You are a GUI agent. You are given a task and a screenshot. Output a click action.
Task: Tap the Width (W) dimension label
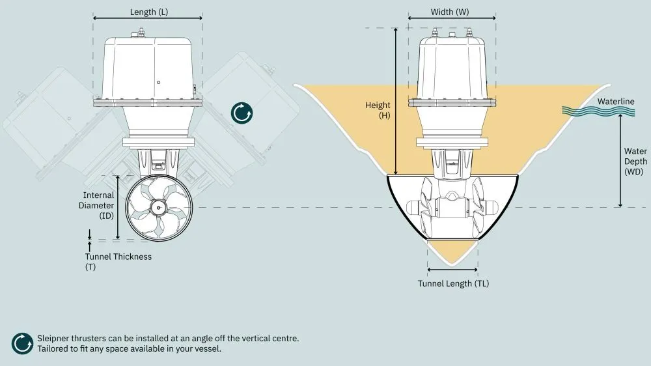click(x=449, y=12)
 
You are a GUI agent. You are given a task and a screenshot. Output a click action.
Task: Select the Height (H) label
click(x=378, y=110)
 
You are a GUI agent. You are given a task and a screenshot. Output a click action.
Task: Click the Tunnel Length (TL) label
click(x=453, y=283)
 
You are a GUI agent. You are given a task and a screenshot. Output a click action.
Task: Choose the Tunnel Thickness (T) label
click(x=118, y=261)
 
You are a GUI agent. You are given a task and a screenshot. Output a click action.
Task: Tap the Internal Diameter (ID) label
click(x=98, y=204)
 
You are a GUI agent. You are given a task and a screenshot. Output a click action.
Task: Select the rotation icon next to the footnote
click(x=21, y=343)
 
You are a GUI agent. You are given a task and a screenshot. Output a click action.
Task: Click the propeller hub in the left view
click(x=158, y=207)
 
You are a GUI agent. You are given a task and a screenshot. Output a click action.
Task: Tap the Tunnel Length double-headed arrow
click(x=452, y=268)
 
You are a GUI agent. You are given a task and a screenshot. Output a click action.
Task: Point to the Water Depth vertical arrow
click(x=620, y=160)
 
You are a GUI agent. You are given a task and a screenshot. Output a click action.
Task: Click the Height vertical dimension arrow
click(x=395, y=101)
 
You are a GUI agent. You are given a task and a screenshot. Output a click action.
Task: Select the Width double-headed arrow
click(x=452, y=20)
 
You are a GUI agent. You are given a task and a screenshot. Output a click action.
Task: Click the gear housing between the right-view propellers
click(x=452, y=208)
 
